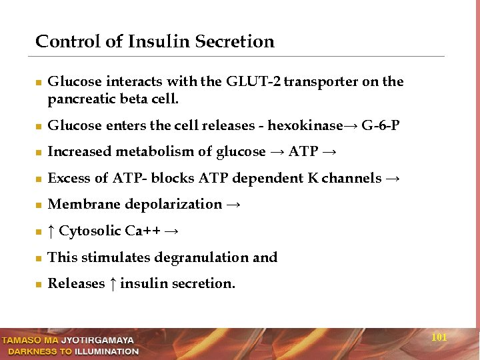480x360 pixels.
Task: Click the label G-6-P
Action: (381, 125)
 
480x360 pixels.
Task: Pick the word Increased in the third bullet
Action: (79, 151)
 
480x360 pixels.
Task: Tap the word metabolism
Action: (155, 151)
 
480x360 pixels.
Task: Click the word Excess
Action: (69, 178)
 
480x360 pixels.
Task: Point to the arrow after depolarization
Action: (233, 205)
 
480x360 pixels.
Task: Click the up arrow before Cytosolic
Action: (51, 231)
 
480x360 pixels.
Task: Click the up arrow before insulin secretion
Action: (113, 283)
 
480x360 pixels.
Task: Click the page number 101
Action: (439, 337)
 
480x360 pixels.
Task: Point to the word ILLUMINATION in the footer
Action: (107, 351)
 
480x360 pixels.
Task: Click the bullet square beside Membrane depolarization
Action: (39, 205)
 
